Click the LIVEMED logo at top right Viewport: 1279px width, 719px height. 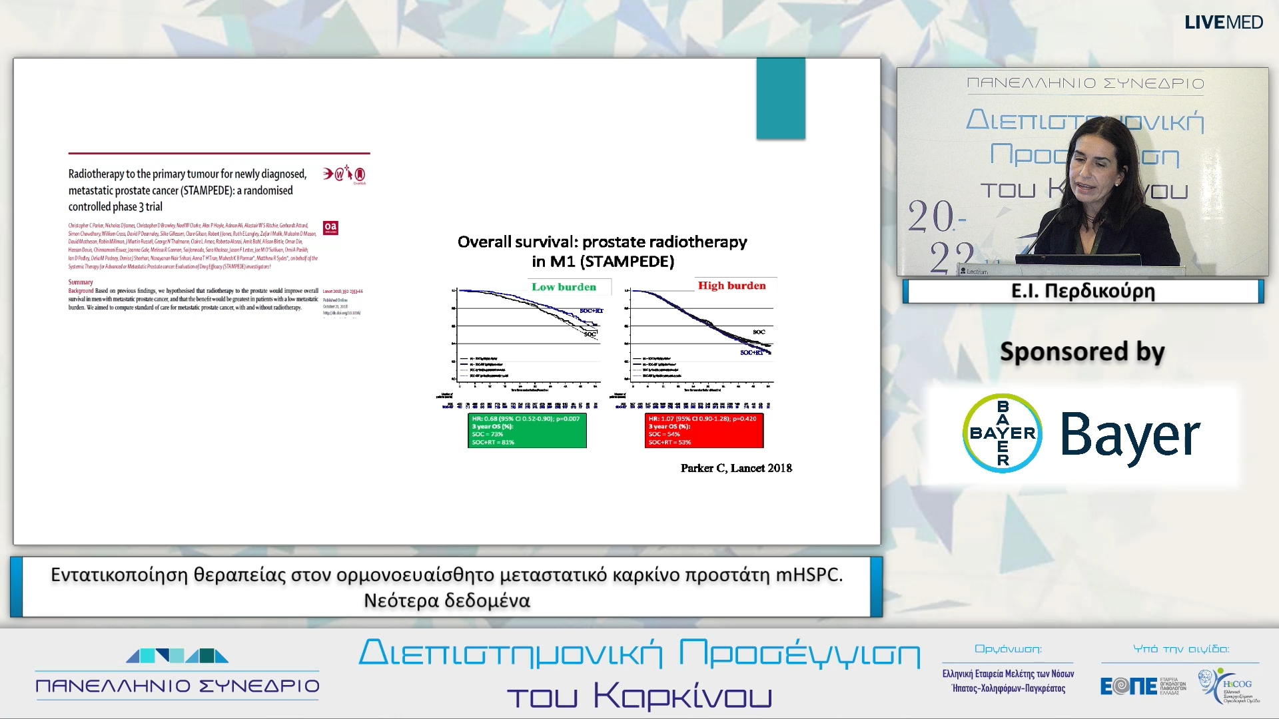coord(1223,23)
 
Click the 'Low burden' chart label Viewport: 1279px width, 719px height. coord(564,287)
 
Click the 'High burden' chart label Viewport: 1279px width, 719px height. coord(731,286)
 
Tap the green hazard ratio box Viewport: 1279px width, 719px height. coord(527,430)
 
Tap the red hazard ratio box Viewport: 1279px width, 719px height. coord(703,430)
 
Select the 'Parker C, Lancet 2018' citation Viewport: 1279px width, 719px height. coord(736,468)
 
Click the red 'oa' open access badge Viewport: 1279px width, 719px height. coord(330,228)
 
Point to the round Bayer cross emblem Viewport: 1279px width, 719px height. coord(1002,433)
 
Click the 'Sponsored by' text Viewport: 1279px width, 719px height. coord(1082,352)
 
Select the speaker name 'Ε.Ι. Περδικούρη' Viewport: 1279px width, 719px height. coord(1082,291)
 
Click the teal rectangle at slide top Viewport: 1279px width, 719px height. coord(780,99)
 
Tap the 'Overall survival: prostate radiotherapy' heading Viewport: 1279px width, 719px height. coord(602,242)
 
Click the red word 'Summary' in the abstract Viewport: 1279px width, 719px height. coord(81,282)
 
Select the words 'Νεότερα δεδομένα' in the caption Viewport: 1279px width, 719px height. coord(446,600)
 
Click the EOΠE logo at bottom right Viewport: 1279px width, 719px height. coord(1128,686)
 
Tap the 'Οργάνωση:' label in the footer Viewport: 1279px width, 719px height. coord(1008,648)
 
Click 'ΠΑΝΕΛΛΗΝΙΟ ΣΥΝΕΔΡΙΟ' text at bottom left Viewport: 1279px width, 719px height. coord(177,686)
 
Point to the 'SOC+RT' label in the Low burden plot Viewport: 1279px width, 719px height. coord(591,311)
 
